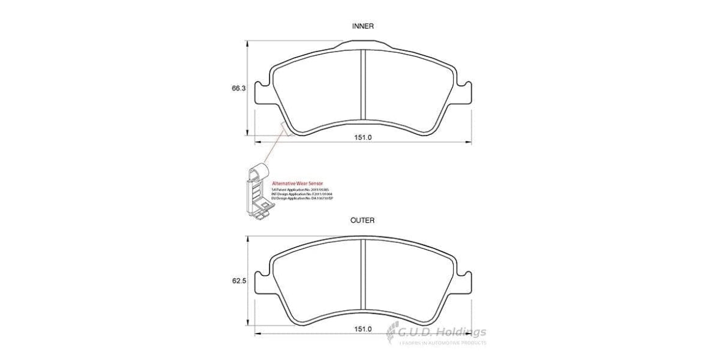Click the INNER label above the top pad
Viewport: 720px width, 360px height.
[x=362, y=26]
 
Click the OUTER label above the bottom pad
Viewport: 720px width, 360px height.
[x=362, y=220]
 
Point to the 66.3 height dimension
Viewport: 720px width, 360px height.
[x=239, y=88]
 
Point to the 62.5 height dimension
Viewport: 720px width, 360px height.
[x=239, y=281]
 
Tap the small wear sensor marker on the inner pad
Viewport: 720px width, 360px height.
[x=284, y=129]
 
